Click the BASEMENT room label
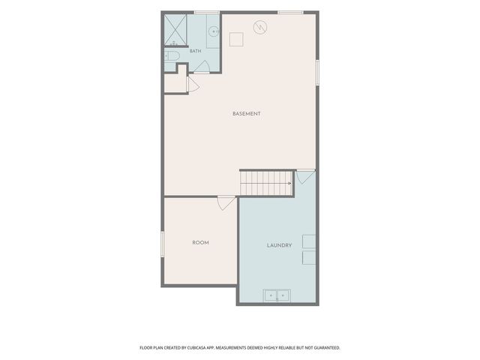(247, 113)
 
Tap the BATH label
(195, 51)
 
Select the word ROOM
(200, 242)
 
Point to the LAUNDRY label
(279, 245)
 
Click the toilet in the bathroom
(172, 56)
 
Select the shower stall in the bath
(175, 30)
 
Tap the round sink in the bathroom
(213, 31)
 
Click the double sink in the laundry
(277, 295)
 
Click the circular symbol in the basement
(260, 27)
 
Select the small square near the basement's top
(236, 40)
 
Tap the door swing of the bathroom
(202, 67)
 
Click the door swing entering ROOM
(226, 203)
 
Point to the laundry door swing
(305, 177)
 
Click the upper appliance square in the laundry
(309, 241)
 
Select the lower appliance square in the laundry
(309, 258)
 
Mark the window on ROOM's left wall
(163, 244)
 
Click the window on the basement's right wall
(317, 73)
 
